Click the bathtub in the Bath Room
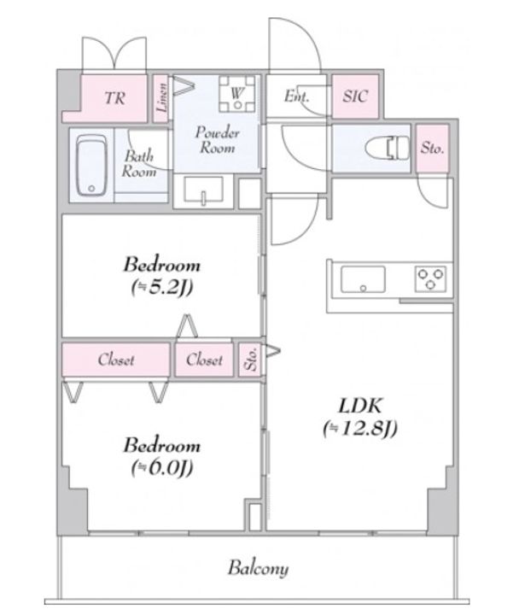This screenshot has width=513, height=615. (x=91, y=165)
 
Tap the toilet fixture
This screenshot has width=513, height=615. (x=388, y=148)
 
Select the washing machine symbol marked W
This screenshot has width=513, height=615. (x=237, y=94)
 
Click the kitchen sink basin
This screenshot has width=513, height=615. (x=363, y=279)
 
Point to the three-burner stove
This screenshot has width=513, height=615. (x=430, y=278)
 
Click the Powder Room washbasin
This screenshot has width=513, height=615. (x=203, y=191)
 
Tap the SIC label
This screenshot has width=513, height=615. (x=355, y=96)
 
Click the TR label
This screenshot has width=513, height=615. (x=114, y=97)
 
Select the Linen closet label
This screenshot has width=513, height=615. (x=162, y=97)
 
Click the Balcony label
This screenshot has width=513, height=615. (x=258, y=568)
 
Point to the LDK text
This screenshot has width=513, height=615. (x=359, y=406)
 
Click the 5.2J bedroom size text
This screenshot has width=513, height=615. (x=162, y=289)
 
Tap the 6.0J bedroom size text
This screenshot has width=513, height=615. (x=162, y=467)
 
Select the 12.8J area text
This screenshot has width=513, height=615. (x=360, y=428)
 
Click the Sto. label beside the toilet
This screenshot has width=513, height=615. (x=432, y=149)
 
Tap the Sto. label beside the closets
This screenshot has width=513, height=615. (x=251, y=359)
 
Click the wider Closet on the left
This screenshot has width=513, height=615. (x=116, y=360)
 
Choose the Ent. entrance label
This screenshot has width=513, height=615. (x=296, y=96)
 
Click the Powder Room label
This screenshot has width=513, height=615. (x=218, y=140)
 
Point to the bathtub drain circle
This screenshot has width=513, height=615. (x=91, y=189)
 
